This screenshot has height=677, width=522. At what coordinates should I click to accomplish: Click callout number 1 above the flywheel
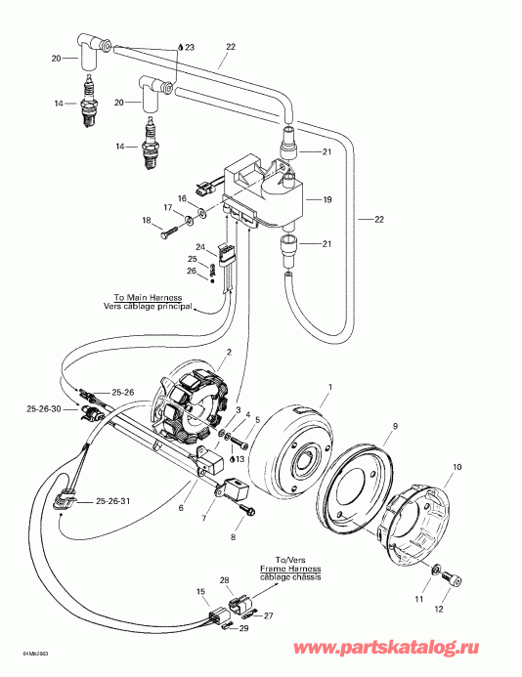point(329,388)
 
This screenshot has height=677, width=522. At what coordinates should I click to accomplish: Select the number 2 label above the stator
point(228,352)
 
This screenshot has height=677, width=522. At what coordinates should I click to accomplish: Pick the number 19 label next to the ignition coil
point(327,199)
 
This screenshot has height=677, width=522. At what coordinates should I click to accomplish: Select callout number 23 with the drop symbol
point(188,47)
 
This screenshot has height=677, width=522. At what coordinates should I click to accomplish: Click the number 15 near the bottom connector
point(201,592)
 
